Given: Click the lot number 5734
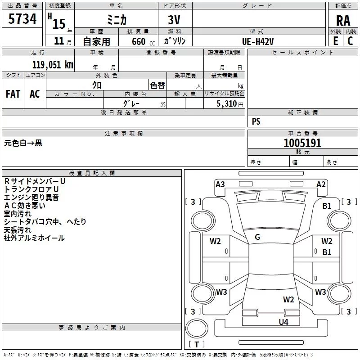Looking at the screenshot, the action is point(22,19).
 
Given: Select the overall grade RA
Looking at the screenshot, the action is point(343,21).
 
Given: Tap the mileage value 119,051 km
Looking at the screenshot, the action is point(53,65).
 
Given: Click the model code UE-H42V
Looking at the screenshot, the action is point(258,41).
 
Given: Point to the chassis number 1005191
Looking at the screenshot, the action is point(302,143).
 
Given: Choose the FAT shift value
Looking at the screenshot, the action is point(13,94).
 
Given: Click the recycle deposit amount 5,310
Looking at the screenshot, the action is point(226,104).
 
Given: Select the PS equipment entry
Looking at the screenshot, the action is point(256,121).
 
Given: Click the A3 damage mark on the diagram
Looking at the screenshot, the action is point(220,184).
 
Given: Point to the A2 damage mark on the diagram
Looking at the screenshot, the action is point(321,184).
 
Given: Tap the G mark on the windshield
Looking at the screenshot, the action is point(257,237).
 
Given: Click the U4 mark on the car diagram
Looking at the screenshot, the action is point(283,322).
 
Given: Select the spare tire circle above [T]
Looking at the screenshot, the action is point(197,328).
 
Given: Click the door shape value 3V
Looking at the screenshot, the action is point(174,20).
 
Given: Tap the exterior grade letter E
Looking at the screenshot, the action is point(335,41).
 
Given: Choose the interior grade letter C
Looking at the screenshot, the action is point(350,41).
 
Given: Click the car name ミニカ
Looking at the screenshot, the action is point(117,20).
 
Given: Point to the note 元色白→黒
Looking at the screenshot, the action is point(23,143).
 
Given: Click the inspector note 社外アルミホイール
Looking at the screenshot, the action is point(34,238).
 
